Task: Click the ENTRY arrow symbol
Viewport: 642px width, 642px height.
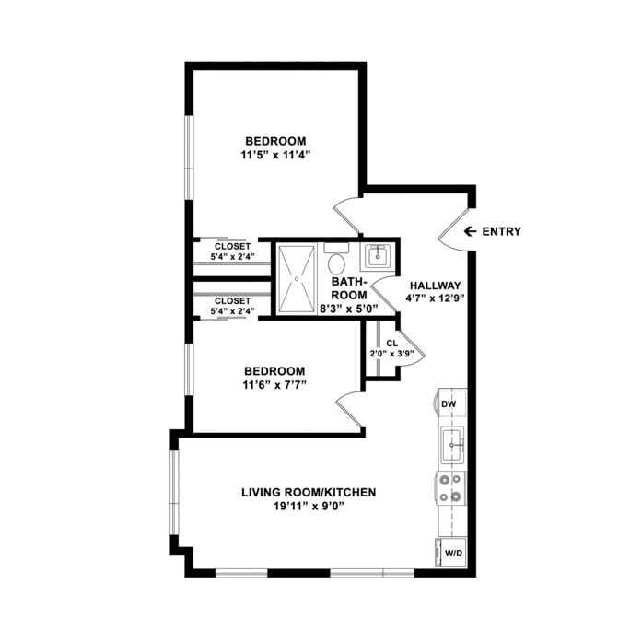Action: coord(470,231)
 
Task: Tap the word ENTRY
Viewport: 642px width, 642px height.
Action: coord(502,231)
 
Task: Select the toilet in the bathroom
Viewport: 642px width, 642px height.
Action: coord(336,259)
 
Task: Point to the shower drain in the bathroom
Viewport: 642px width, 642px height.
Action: coord(297,278)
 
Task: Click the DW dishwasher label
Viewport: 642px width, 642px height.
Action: coord(449,404)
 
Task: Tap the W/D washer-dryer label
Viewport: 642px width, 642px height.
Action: coord(453,554)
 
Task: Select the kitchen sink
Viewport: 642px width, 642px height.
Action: coord(452,445)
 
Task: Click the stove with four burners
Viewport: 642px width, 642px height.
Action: coord(450,488)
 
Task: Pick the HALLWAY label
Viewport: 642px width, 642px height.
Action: coord(436,286)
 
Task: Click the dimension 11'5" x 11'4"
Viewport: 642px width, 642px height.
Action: coord(276,155)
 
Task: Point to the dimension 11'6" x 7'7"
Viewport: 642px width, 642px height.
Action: coord(274,385)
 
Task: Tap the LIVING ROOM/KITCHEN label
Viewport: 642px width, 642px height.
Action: coord(309,492)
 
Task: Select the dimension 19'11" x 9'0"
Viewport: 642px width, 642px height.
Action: coord(309,506)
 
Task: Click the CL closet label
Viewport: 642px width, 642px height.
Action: coord(391,344)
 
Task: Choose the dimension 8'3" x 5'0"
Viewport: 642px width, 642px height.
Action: coord(349,309)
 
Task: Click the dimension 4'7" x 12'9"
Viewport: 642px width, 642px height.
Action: coord(436,298)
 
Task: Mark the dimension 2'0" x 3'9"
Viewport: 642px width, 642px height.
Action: coord(391,354)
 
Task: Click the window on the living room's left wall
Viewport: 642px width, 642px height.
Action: coord(175,492)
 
